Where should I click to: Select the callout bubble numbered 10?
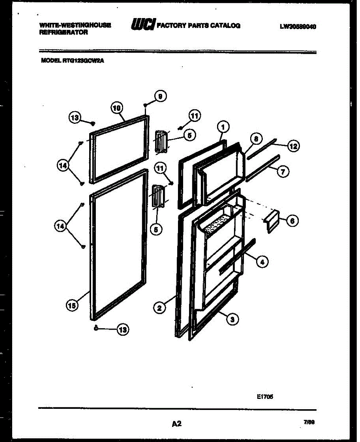[116, 108]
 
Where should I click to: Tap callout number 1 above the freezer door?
[223, 127]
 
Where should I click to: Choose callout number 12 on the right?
[293, 146]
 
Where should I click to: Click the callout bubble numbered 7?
[283, 171]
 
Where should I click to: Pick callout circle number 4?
[262, 262]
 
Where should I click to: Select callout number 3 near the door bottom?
[232, 319]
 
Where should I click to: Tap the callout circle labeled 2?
[159, 308]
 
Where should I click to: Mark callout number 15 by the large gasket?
[72, 305]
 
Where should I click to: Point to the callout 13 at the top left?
[75, 118]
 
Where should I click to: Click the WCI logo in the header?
[143, 24]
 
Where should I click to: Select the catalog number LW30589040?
[298, 26]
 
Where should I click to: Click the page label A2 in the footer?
[177, 424]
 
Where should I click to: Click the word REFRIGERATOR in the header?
[63, 32]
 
